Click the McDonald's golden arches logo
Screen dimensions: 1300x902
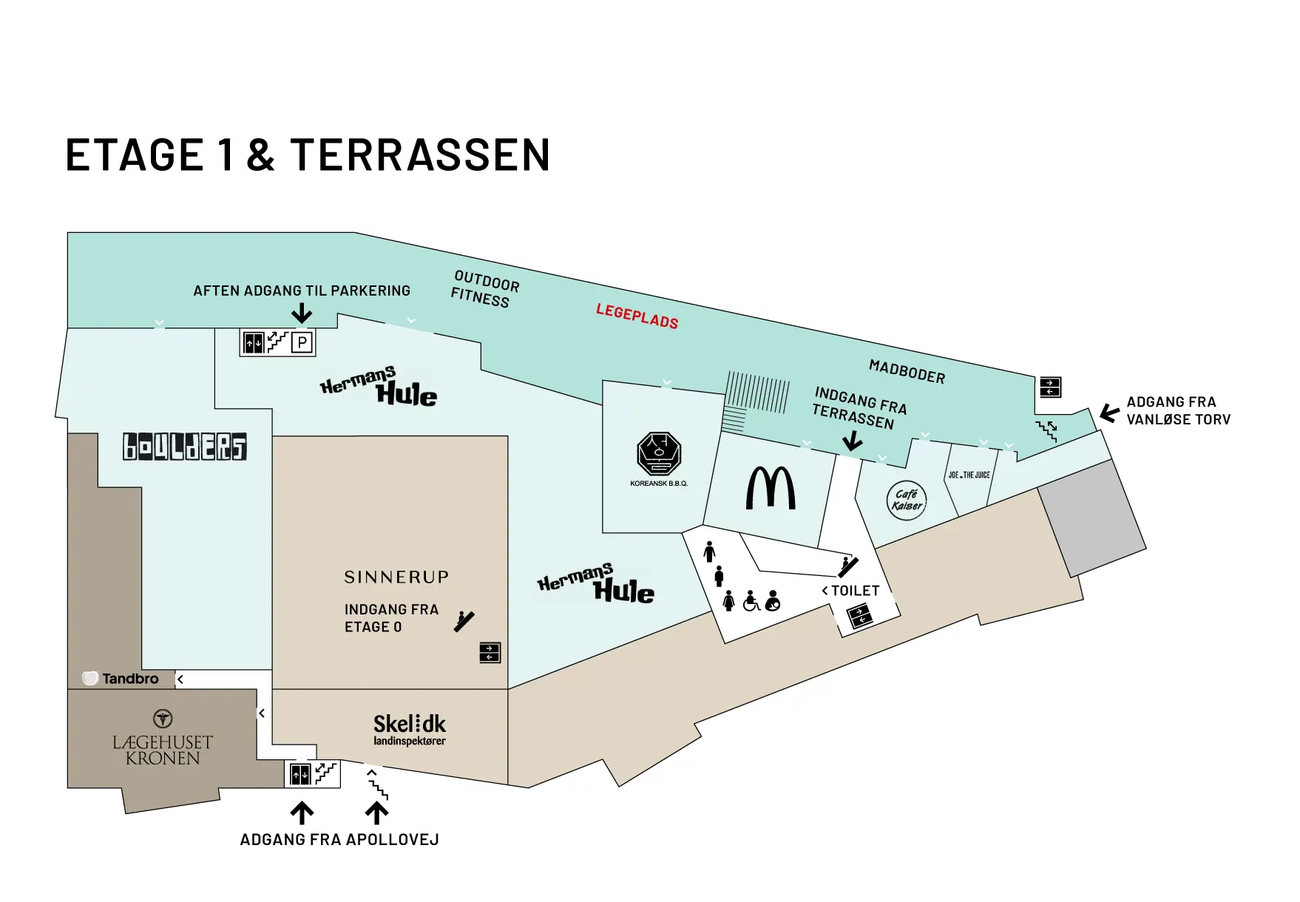[x=771, y=488]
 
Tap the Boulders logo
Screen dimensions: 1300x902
[x=185, y=447]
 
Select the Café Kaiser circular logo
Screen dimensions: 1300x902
[x=907, y=501]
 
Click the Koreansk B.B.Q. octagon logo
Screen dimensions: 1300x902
[x=659, y=453]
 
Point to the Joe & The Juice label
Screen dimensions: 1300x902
[x=969, y=475]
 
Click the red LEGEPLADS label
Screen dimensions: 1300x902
[x=637, y=316]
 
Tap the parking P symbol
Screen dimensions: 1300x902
[x=302, y=342]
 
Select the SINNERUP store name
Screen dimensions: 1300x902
[x=396, y=577]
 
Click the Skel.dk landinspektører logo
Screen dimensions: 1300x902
[x=410, y=730]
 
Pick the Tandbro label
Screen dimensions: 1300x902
[x=121, y=679]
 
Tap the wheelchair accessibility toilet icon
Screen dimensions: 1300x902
[x=751, y=601]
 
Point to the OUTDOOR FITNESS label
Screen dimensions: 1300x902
[x=484, y=289]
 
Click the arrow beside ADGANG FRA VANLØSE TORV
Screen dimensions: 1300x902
[x=1109, y=413]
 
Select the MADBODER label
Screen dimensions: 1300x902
[x=907, y=371]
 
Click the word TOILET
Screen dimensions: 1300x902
[x=856, y=591]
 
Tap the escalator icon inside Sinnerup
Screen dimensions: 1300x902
[x=464, y=621]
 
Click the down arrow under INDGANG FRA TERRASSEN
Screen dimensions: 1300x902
[x=853, y=441]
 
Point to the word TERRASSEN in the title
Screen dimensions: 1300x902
[x=420, y=155]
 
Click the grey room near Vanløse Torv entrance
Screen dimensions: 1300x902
[x=1092, y=518]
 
